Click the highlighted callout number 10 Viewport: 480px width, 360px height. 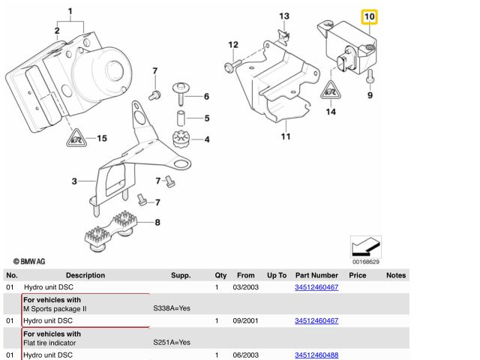coord(370,16)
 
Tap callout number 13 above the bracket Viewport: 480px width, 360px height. coord(284,16)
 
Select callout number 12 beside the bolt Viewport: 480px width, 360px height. coord(233,45)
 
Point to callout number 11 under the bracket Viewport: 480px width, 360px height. coord(285,137)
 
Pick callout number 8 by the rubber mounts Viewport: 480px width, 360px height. coord(157,222)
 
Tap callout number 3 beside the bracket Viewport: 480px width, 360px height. coord(74,181)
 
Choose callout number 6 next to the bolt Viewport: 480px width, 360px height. coord(206,96)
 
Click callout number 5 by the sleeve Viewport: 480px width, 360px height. coord(206,118)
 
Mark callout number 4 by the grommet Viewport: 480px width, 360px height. coord(206,139)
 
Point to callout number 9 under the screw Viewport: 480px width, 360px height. coord(370,96)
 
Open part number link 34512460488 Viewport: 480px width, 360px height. coord(316,355)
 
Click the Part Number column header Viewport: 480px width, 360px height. coord(316,276)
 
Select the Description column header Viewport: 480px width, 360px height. coord(85,276)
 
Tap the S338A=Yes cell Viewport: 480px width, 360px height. coord(172,308)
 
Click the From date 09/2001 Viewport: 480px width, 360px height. coord(246,321)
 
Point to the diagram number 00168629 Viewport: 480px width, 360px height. coord(366,262)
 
